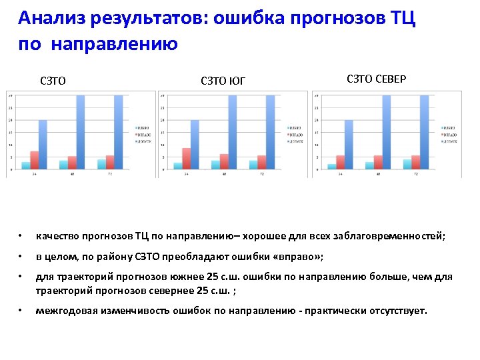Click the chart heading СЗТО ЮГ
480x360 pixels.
click(x=223, y=81)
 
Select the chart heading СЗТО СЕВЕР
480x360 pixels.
click(x=377, y=79)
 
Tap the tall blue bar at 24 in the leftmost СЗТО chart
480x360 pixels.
click(x=43, y=145)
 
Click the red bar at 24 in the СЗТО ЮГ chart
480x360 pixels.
click(x=187, y=159)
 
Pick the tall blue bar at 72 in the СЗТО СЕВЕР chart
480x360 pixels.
click(x=424, y=132)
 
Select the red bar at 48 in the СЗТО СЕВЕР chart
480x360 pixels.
click(x=378, y=163)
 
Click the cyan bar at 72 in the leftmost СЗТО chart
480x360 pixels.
click(x=101, y=164)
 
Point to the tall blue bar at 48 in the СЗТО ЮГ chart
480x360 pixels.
click(x=233, y=132)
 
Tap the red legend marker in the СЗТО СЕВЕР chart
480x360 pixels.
click(x=442, y=134)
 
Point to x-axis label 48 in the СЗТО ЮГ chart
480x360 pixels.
click(x=225, y=175)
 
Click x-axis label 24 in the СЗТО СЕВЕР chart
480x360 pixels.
click(x=341, y=175)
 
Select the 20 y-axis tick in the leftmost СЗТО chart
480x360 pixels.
click(x=9, y=120)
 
